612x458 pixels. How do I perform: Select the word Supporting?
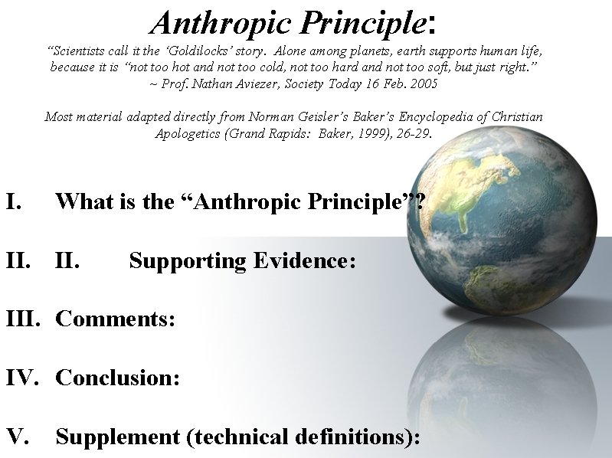[x=187, y=261]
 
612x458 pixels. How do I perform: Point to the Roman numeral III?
[x=23, y=319]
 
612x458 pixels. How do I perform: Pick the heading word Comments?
[x=115, y=319]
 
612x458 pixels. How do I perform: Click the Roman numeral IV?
[x=21, y=378]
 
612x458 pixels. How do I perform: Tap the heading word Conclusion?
[x=117, y=378]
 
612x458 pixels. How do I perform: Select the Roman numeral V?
[x=18, y=437]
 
